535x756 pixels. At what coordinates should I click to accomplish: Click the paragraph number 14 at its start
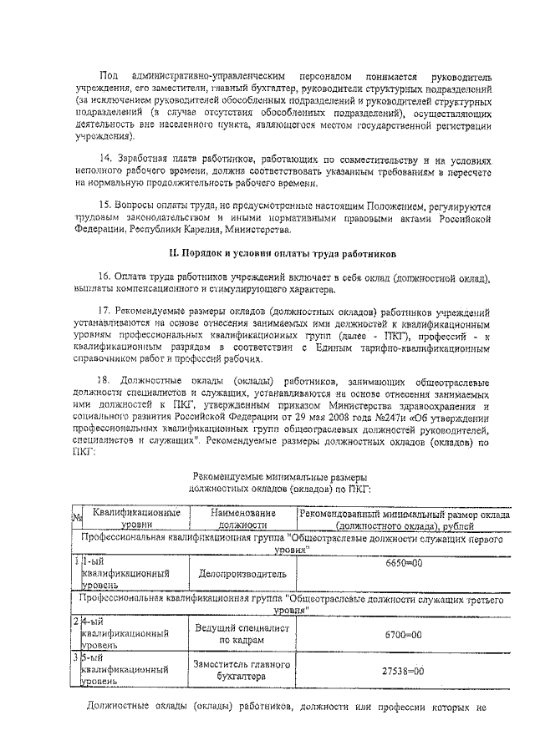point(104,158)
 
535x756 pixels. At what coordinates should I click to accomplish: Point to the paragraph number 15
point(104,205)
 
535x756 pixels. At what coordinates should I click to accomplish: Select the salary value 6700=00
point(404,635)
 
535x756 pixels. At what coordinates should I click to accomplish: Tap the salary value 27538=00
point(402,670)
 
